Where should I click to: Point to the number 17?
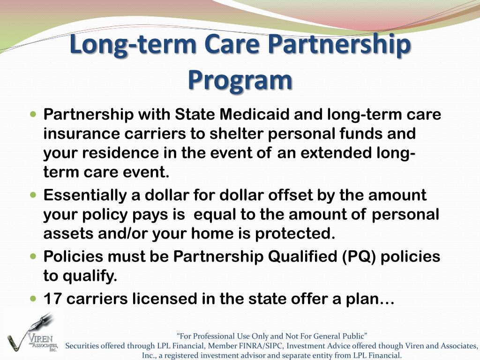(x=52, y=299)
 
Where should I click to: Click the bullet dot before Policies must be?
(x=33, y=256)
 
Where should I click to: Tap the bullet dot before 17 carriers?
(x=33, y=298)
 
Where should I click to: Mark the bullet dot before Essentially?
(x=33, y=195)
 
